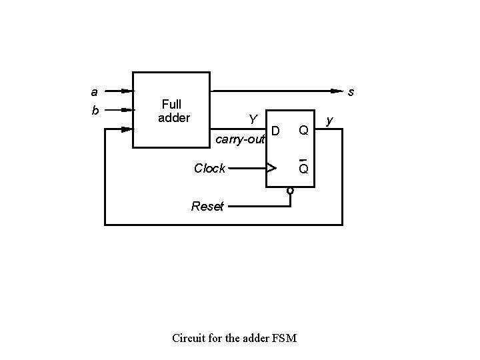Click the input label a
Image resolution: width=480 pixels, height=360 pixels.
point(94,91)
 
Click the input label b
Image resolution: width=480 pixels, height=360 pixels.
point(95,110)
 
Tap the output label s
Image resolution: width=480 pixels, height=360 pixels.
point(351,92)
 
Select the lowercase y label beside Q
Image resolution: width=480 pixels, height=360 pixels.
point(329,121)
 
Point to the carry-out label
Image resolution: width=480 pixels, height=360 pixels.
point(240,139)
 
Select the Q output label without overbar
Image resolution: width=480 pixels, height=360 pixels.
point(303,129)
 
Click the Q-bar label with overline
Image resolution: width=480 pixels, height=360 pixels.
point(303,167)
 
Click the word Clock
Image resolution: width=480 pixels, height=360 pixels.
point(209,168)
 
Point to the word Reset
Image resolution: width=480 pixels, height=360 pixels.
point(207,206)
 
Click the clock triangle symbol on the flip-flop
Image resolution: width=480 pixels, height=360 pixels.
point(271,168)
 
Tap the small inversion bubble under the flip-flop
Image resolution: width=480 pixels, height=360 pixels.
point(290,191)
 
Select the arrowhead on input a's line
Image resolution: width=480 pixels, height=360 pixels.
point(128,91)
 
